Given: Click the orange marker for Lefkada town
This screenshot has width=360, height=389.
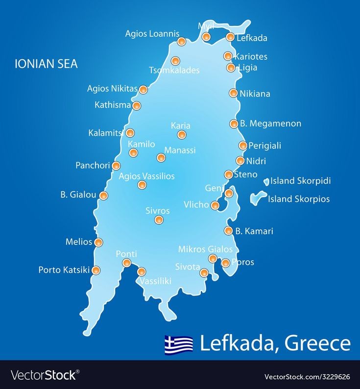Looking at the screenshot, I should (230, 37).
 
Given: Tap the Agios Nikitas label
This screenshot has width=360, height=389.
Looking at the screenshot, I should (112, 89).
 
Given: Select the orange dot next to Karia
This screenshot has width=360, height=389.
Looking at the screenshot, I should (182, 135).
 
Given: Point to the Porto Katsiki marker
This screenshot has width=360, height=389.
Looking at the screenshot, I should (96, 270).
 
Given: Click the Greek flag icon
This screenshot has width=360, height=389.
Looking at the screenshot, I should (179, 344).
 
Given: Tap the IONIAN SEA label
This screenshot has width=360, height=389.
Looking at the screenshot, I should (46, 64).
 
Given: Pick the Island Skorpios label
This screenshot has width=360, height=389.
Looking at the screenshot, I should (299, 199).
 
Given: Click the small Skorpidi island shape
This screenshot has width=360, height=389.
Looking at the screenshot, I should (266, 182).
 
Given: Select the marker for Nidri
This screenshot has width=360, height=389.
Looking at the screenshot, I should (240, 161).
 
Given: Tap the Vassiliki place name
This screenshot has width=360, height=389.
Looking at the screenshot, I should (155, 281).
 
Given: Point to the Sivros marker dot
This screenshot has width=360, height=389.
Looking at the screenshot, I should (159, 219).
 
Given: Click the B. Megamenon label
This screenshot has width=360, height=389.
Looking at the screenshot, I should (270, 123).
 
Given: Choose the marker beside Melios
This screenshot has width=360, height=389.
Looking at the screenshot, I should (98, 243).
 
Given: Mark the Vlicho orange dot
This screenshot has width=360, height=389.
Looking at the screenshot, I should (215, 205).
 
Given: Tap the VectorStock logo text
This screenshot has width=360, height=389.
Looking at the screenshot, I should (44, 375).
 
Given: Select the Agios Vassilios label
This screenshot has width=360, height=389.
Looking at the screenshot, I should (146, 176).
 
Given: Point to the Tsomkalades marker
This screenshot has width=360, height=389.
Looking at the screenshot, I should (175, 61).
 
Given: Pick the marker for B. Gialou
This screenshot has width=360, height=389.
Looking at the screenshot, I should (103, 195).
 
